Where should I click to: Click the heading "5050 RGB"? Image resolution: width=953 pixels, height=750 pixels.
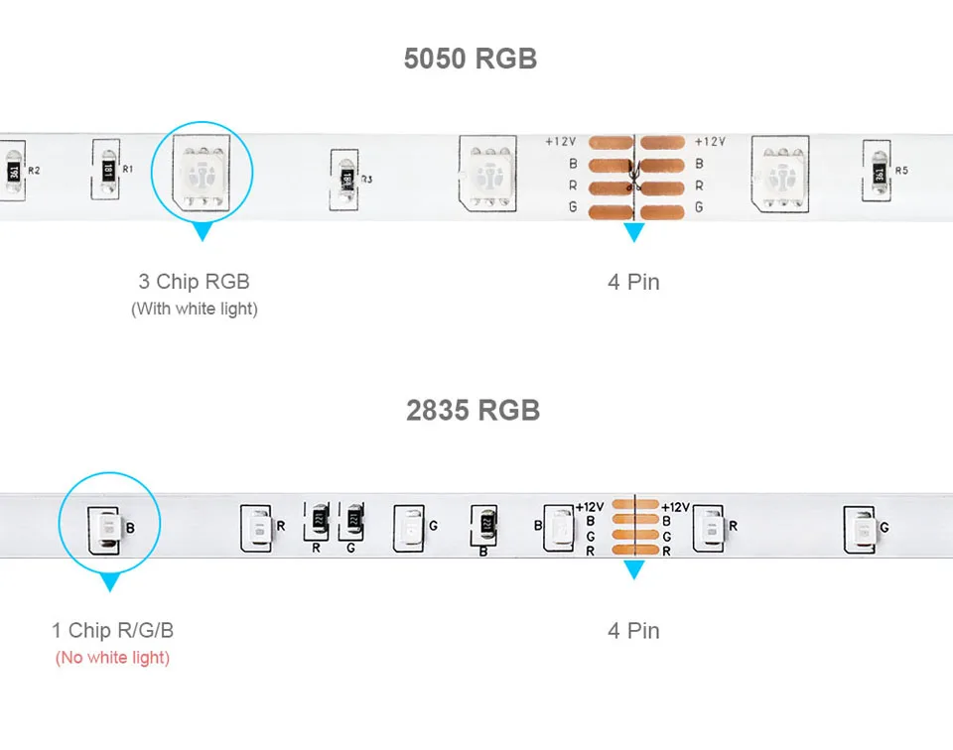[x=470, y=59]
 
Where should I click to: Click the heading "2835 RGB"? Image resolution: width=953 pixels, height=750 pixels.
[x=473, y=410]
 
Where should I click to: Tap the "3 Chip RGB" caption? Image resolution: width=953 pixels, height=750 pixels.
[x=195, y=282]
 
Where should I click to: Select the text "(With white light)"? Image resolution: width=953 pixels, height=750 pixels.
[x=195, y=309]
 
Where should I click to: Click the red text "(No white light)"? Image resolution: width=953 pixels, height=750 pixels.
[x=113, y=657]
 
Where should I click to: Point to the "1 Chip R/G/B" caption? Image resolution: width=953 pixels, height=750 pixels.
[x=113, y=630]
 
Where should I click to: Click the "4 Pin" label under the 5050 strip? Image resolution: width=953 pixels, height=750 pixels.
[x=633, y=282]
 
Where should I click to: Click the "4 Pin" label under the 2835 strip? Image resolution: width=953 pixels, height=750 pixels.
[x=633, y=630]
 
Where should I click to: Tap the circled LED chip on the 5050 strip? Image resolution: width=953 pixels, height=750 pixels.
[x=202, y=171]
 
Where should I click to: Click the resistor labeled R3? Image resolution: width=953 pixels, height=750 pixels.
[x=346, y=179]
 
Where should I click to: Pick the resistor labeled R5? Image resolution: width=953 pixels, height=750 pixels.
[x=878, y=172]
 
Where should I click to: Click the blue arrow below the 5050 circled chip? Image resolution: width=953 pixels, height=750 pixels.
[x=203, y=232]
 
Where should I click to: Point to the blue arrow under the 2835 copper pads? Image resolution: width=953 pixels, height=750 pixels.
[x=633, y=570]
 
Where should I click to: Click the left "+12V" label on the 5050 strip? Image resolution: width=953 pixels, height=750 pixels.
[x=560, y=142]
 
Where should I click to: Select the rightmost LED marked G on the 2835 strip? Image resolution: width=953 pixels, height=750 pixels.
[x=860, y=527]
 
